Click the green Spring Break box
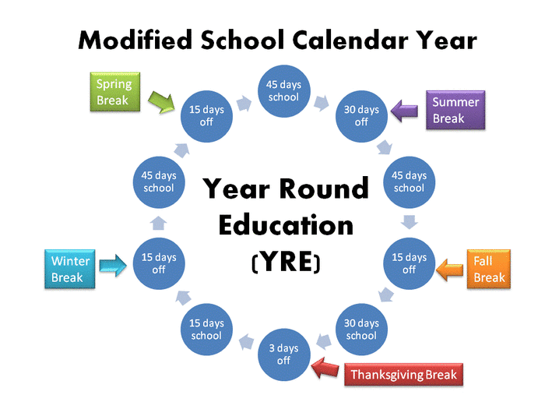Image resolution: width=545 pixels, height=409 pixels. click(x=114, y=92)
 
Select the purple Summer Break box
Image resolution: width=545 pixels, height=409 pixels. click(x=456, y=110)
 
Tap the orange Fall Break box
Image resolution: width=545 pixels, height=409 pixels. click(x=489, y=270)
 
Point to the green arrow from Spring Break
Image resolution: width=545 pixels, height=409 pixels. click(x=162, y=101)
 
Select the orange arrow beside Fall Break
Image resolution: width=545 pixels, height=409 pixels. click(x=449, y=270)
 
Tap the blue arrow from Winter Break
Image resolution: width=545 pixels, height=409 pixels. click(x=114, y=265)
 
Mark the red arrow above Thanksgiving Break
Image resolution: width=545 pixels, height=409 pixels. click(x=322, y=363)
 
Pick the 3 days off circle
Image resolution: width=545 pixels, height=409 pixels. click(x=283, y=354)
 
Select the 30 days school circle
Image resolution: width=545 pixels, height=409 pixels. click(x=361, y=330)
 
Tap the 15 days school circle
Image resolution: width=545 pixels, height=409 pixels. click(x=206, y=330)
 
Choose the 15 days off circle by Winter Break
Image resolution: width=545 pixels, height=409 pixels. click(x=159, y=263)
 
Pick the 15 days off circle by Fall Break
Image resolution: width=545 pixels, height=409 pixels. click(x=409, y=263)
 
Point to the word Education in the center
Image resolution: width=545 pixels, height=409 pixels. click(x=286, y=225)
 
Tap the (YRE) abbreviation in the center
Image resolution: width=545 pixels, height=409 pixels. click(x=286, y=263)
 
